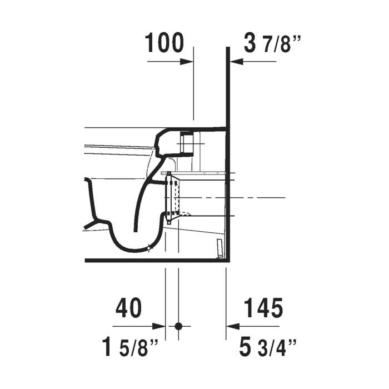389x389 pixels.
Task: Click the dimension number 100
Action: [x=164, y=43]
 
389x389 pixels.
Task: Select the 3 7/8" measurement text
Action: [x=272, y=44]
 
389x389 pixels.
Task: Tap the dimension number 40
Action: [x=128, y=308]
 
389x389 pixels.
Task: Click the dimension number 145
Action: [x=263, y=308]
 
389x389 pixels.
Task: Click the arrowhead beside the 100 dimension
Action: [x=187, y=62]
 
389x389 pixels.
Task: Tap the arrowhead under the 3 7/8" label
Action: [x=237, y=62]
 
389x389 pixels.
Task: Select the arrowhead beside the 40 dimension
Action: [x=159, y=326]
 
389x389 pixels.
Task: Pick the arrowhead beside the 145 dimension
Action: [x=233, y=326]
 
